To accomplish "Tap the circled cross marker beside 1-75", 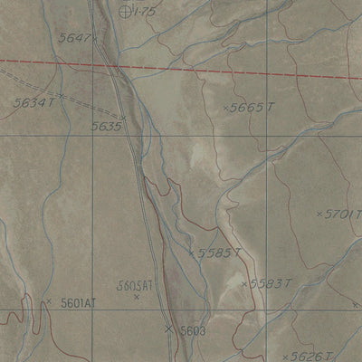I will (125, 11).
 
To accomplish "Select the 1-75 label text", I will (145, 11).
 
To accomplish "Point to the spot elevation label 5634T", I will (34, 103).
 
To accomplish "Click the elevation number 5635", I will (106, 127).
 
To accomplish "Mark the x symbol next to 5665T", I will (225, 108).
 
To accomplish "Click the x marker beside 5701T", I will (319, 214).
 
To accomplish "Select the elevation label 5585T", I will (220, 253).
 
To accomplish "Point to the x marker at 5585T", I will (193, 252).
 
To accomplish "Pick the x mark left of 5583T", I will (244, 284).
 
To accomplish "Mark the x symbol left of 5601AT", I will (48, 301).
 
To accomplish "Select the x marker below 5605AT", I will (137, 297).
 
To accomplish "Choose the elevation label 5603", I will (194, 331).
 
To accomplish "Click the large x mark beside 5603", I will (168, 329).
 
